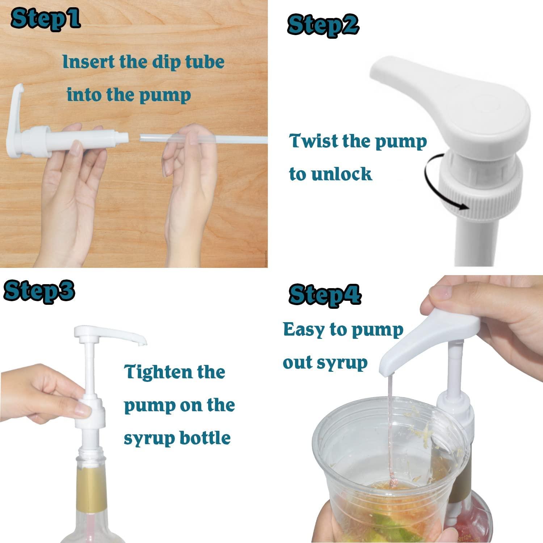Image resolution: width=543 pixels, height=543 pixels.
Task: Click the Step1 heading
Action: pyautogui.click(x=45, y=19)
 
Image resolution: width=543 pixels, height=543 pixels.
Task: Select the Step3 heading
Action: pyautogui.click(x=39, y=290)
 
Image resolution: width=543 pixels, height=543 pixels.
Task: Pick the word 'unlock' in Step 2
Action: pyautogui.click(x=341, y=174)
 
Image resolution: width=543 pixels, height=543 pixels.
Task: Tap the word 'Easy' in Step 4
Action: pyautogui.click(x=303, y=330)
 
